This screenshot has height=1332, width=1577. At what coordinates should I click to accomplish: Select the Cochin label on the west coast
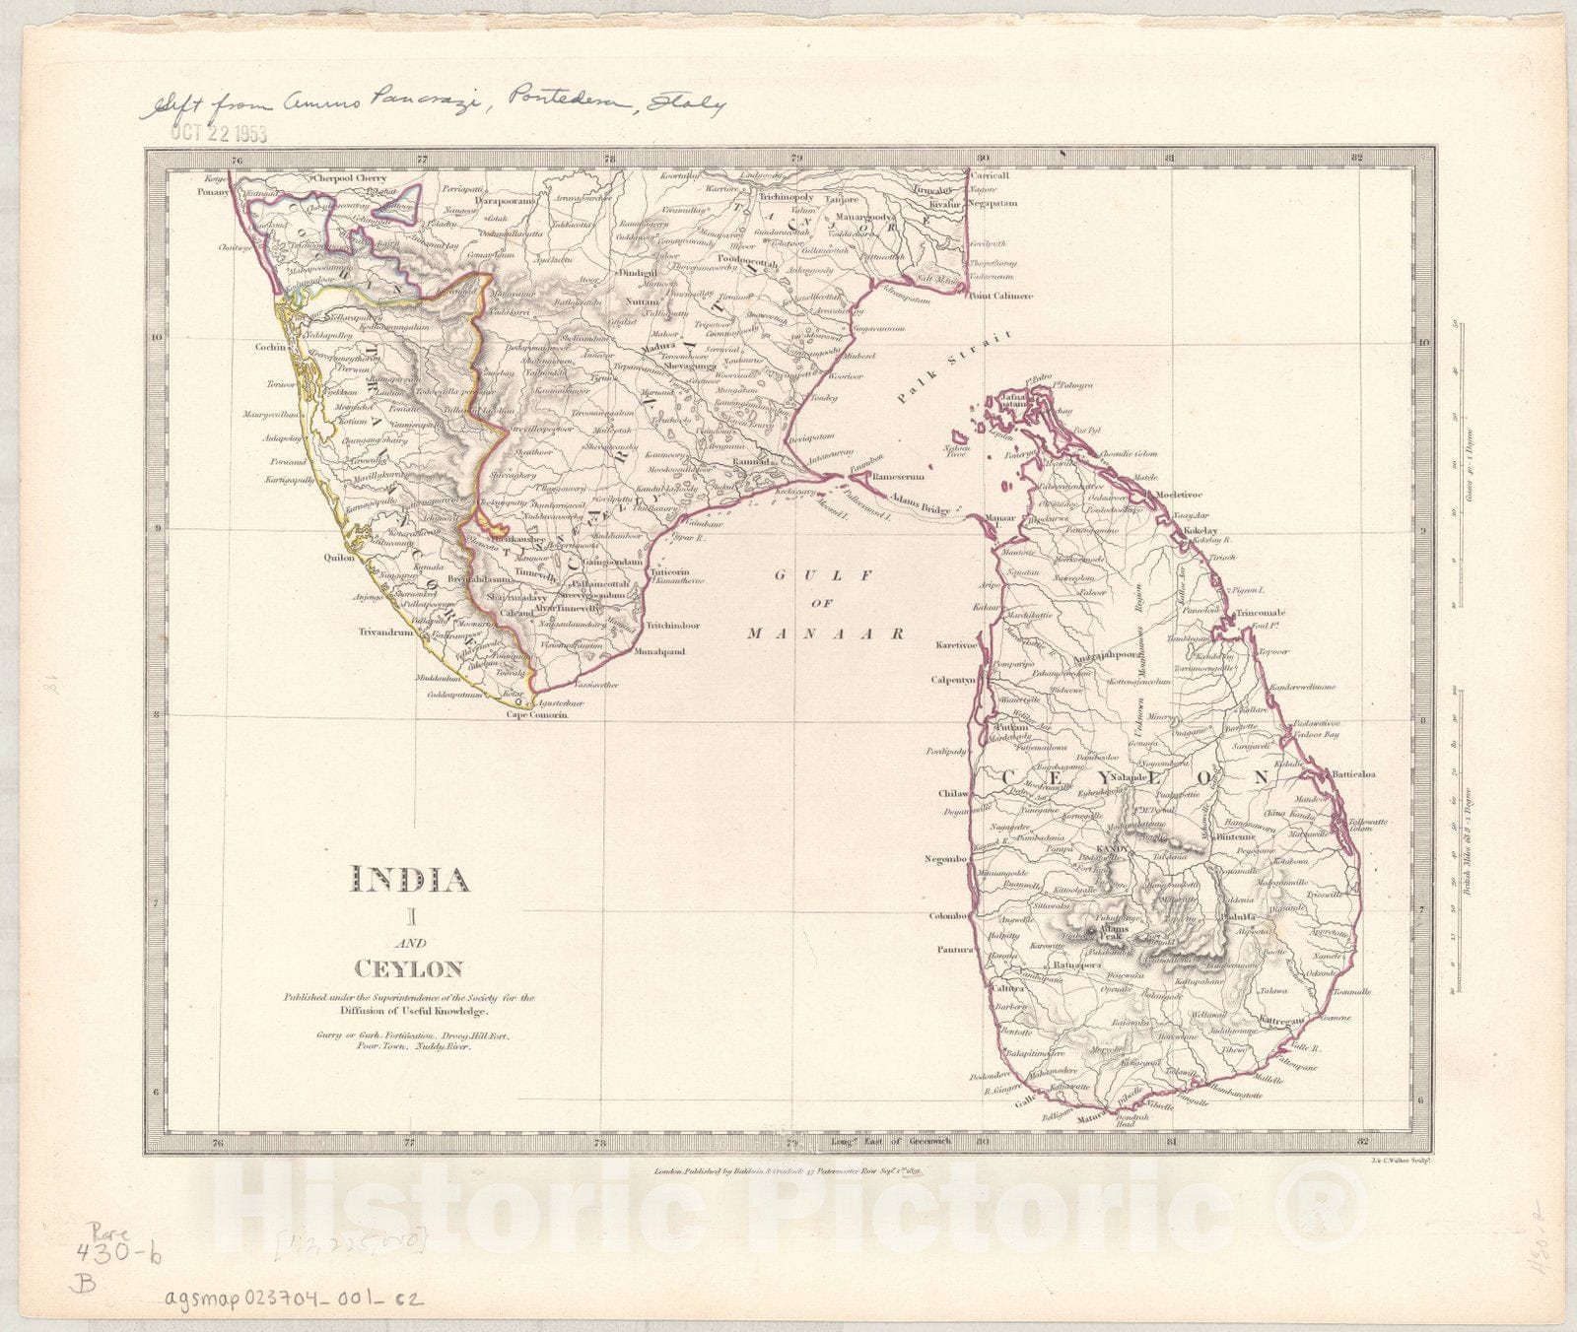[269, 347]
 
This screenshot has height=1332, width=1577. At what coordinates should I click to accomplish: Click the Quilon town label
[338, 557]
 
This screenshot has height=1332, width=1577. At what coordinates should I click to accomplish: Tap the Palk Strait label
[954, 367]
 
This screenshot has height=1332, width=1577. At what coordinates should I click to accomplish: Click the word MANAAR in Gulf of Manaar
[825, 634]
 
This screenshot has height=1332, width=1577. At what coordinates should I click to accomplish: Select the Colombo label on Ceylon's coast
[950, 916]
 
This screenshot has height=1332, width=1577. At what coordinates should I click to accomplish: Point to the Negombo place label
[948, 859]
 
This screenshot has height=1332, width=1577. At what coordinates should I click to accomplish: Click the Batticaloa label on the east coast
[1353, 774]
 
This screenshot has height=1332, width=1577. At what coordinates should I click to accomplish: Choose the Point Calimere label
[999, 296]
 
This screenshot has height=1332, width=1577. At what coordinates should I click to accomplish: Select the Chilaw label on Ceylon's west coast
[953, 793]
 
